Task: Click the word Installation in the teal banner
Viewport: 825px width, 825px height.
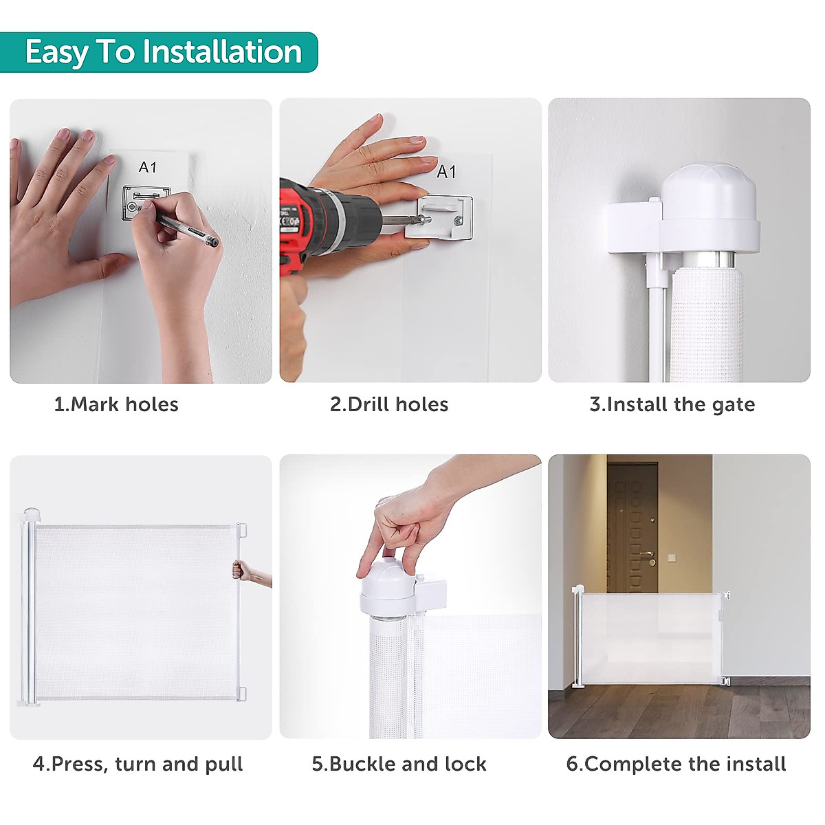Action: tap(222, 52)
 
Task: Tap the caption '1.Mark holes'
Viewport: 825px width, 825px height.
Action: tap(116, 404)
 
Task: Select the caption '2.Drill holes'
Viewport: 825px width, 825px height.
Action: tap(388, 404)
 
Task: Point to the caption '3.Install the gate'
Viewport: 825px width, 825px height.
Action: tap(672, 404)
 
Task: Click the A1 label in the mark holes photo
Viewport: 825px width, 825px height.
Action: tap(148, 167)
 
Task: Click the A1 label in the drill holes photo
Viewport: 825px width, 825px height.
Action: tap(446, 172)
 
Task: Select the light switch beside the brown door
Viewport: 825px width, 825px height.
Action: tap(672, 557)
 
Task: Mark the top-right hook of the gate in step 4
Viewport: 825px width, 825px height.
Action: tap(241, 530)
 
